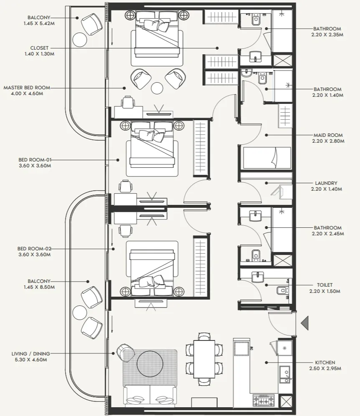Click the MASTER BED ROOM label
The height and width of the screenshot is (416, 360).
(x=27, y=88)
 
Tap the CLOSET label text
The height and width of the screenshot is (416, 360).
(x=39, y=48)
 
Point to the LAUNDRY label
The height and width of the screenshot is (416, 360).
(x=327, y=183)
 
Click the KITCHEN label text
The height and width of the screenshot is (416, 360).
(x=325, y=363)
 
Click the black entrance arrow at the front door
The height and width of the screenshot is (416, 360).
(x=305, y=323)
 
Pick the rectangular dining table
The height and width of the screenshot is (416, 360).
(x=204, y=359)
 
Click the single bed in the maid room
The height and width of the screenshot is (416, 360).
(x=266, y=158)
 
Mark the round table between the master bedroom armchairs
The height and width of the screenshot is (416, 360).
(x=157, y=88)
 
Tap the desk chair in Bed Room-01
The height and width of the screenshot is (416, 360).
(x=126, y=186)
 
